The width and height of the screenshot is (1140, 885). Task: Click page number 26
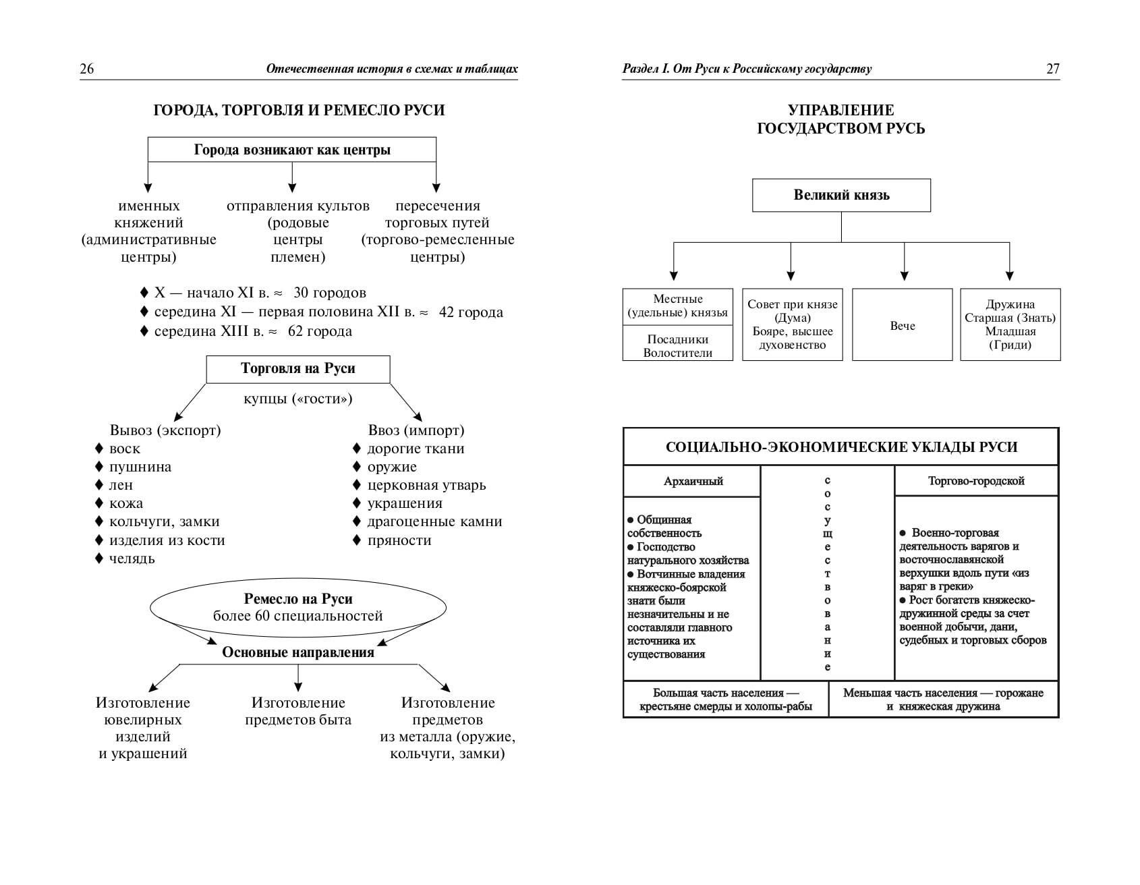point(87,68)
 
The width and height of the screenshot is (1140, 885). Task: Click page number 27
point(1052,68)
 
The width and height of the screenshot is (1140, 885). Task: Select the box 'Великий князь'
point(841,196)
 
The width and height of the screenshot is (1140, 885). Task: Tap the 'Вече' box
point(903,325)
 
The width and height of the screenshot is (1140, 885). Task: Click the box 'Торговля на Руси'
point(298,369)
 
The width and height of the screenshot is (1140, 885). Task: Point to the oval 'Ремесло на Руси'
point(298,607)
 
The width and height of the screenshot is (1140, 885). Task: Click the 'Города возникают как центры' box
point(292,150)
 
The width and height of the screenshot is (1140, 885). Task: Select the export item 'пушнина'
point(140,467)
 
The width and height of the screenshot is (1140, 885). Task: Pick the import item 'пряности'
point(399,540)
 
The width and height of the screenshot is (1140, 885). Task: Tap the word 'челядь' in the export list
point(132,559)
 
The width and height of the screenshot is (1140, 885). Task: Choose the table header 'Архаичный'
point(693,481)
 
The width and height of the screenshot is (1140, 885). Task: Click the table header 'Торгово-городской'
point(976,481)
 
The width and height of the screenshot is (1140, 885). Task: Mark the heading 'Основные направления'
point(298,652)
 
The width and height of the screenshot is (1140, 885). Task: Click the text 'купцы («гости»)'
point(298,399)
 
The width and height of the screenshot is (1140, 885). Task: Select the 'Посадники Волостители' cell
point(678,346)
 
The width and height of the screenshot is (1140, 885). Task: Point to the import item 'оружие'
point(392,467)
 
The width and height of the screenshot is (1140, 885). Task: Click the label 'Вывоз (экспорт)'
point(165,430)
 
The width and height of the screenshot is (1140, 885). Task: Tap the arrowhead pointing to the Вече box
point(904,275)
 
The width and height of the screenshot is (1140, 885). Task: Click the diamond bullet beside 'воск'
point(98,449)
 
